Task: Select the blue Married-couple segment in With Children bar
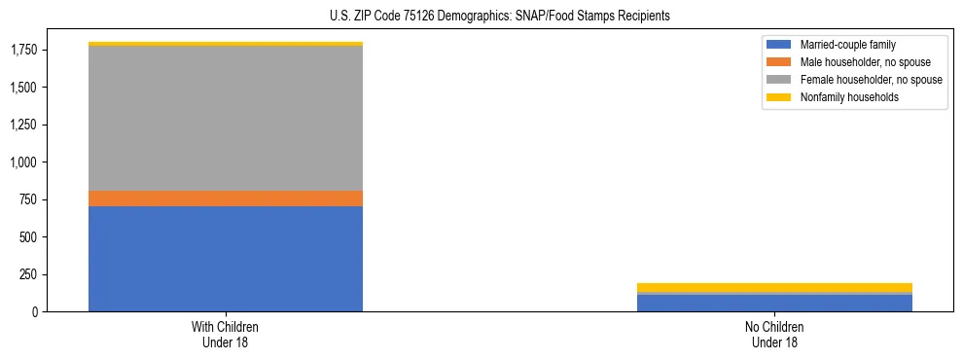point(226,259)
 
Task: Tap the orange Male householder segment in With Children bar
point(226,198)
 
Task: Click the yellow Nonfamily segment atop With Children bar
point(226,44)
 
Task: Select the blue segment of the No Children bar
point(774,303)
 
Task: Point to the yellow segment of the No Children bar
point(774,287)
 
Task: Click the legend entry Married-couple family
point(847,45)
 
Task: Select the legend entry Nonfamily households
point(849,97)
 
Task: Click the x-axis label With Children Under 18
point(226,335)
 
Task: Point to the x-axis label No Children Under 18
point(774,335)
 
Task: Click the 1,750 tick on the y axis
point(23,51)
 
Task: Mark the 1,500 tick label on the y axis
point(23,88)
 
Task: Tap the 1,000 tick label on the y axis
point(23,162)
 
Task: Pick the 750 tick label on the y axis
point(28,199)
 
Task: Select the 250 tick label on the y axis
point(28,274)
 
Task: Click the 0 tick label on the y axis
point(35,311)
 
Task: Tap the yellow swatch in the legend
point(779,97)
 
